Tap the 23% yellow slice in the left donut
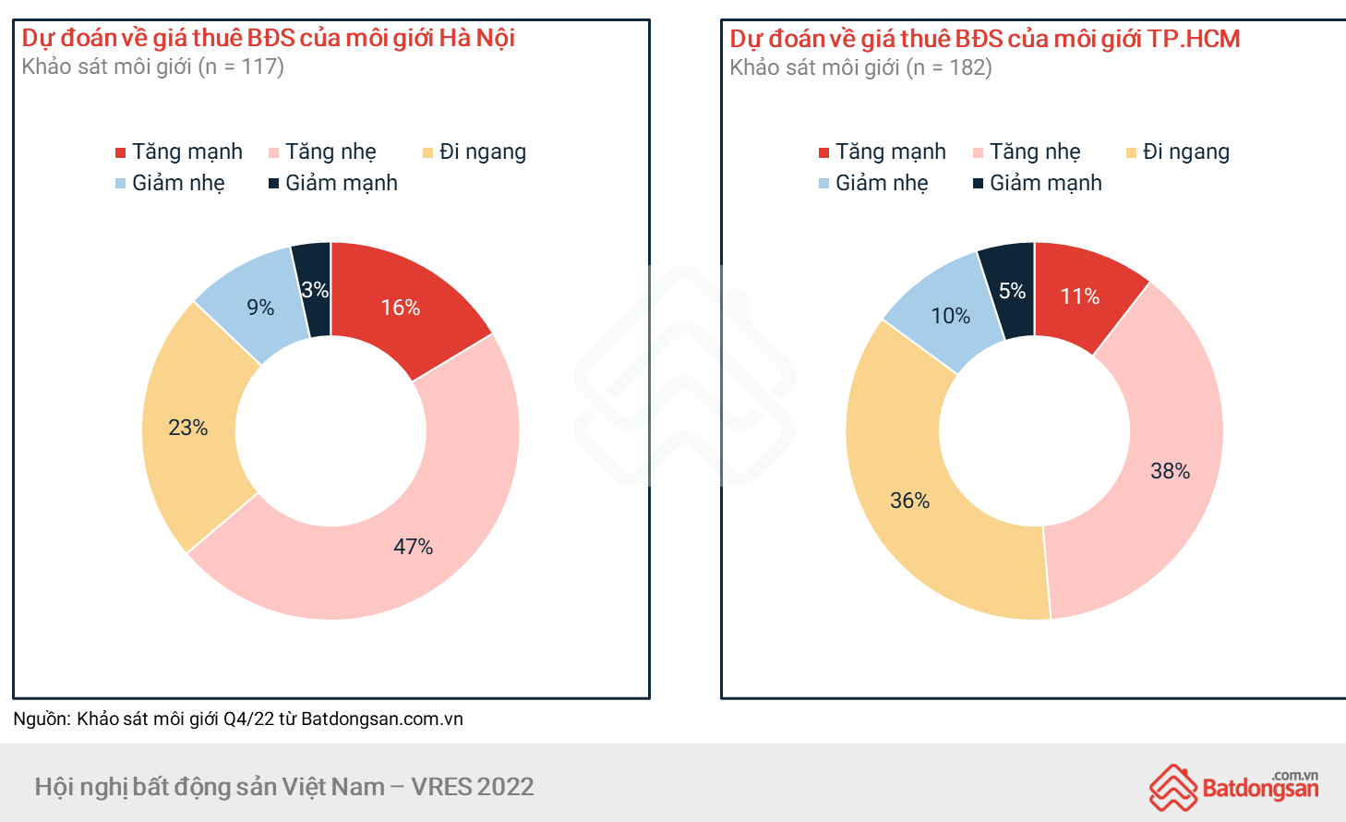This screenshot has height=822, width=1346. [x=189, y=428]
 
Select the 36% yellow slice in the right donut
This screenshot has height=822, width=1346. [x=909, y=501]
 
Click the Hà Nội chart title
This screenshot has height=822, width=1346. [x=268, y=38]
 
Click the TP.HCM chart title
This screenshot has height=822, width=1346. [x=984, y=39]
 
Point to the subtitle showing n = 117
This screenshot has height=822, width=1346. [x=152, y=66]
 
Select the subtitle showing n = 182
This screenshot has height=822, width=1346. [x=860, y=67]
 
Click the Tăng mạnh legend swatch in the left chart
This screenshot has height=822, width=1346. [x=120, y=152]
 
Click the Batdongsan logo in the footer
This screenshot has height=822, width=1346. [x=1233, y=787]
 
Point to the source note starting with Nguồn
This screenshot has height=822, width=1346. [x=238, y=719]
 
